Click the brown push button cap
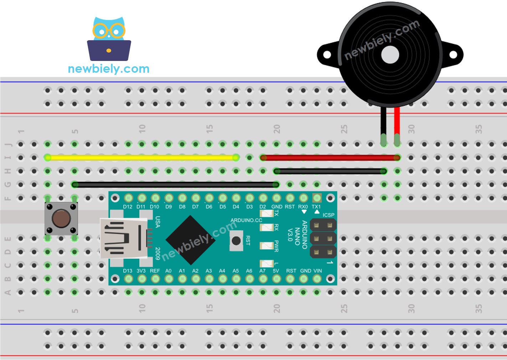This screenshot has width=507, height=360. point(61,218)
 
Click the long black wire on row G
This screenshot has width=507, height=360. point(175,185)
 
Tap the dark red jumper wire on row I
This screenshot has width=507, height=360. point(330,158)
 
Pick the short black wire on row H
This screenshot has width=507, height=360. point(330,171)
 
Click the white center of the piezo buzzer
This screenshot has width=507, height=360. point(390,55)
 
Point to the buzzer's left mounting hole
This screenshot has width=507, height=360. point(327,55)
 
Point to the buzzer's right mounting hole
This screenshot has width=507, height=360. point(453,55)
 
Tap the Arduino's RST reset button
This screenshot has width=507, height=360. point(236,241)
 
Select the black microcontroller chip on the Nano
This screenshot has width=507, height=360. point(191,240)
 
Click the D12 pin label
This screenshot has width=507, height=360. point(128,207)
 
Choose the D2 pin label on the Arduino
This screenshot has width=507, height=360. point(263,207)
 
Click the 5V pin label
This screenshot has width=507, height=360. point(276,271)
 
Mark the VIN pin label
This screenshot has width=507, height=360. point(317,271)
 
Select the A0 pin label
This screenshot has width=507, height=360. point(168,271)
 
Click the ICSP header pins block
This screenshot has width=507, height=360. point(323,238)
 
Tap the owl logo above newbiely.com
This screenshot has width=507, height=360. point(109,39)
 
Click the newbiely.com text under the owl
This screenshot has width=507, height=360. point(109,69)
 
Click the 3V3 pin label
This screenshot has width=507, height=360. point(141,271)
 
